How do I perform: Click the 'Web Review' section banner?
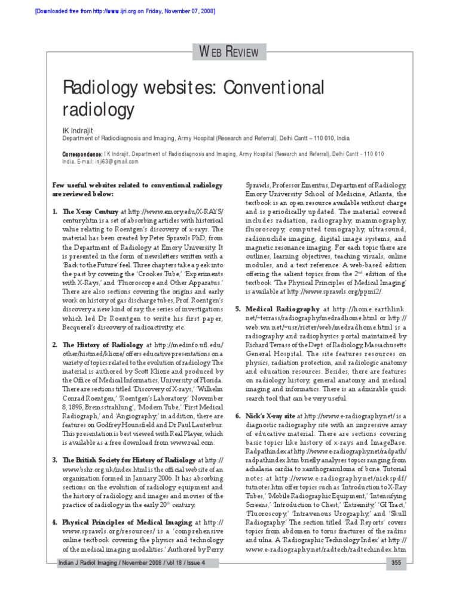pos(229,51)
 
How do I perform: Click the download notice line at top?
pos(117,11)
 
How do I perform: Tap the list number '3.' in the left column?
pos(54,460)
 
